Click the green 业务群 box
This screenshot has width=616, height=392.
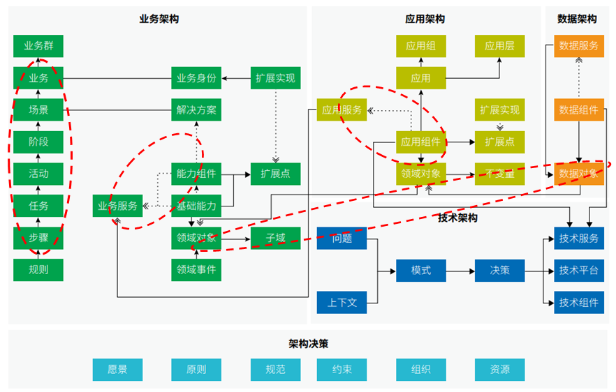(x=38, y=46)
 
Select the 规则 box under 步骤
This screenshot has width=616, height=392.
(x=38, y=270)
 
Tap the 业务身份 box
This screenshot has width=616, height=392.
(x=196, y=78)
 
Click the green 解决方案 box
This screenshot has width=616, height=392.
(x=196, y=110)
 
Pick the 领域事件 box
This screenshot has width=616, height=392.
(x=196, y=270)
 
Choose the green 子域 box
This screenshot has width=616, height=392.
(x=276, y=238)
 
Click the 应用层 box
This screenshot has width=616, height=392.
(x=499, y=46)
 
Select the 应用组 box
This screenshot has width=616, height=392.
(x=420, y=46)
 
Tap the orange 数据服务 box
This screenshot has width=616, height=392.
(x=579, y=46)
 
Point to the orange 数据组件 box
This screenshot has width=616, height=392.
(x=579, y=110)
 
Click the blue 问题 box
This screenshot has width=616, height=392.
(x=342, y=238)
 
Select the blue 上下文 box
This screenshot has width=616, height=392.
(x=342, y=302)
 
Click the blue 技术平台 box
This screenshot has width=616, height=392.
(x=579, y=270)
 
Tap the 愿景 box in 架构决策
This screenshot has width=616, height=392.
(x=117, y=370)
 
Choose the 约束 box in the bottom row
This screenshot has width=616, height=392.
(x=342, y=370)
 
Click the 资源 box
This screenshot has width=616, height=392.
(x=499, y=370)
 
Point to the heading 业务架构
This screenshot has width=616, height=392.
(x=159, y=19)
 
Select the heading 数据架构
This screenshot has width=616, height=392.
(x=577, y=19)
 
